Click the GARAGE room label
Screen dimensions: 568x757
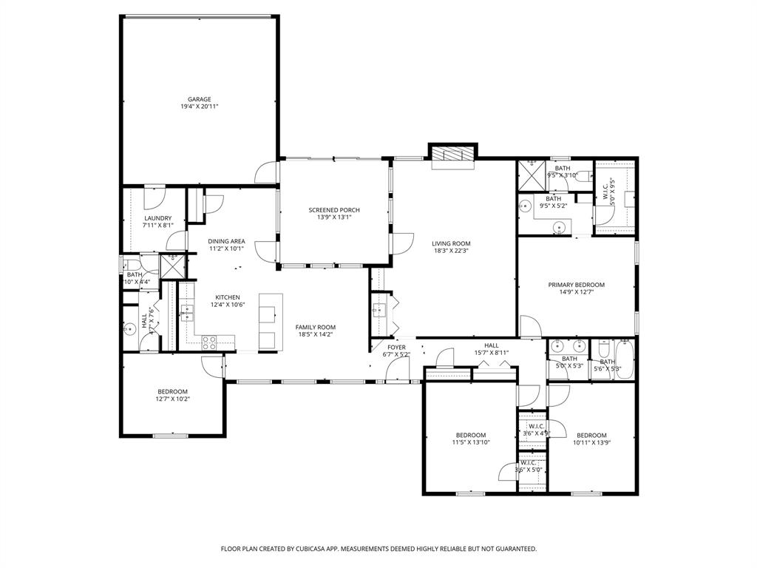pyautogui.click(x=199, y=99)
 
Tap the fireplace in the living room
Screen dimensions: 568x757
pyautogui.click(x=452, y=154)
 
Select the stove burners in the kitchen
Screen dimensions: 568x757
pyautogui.click(x=209, y=342)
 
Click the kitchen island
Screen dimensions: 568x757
pyautogui.click(x=270, y=321)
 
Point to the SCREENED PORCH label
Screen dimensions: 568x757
pyautogui.click(x=334, y=210)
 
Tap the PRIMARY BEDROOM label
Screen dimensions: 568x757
pyautogui.click(x=576, y=285)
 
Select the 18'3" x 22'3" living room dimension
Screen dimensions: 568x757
pyautogui.click(x=451, y=251)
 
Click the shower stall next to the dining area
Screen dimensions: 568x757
pyautogui.click(x=174, y=266)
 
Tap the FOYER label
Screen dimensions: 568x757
pyautogui.click(x=397, y=347)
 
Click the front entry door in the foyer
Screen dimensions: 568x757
pyautogui.click(x=397, y=373)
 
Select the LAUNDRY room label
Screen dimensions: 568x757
pyautogui.click(x=157, y=218)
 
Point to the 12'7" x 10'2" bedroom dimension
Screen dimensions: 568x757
pyautogui.click(x=172, y=399)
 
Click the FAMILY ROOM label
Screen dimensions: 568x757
pyautogui.click(x=316, y=327)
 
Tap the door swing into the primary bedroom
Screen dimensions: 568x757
pyautogui.click(x=529, y=325)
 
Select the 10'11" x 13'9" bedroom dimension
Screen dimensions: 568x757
pyautogui.click(x=591, y=443)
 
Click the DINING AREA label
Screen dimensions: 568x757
pyautogui.click(x=226, y=241)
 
